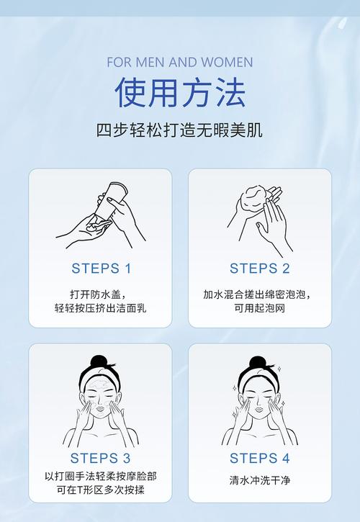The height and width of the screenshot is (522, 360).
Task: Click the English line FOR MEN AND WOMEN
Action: (180, 62)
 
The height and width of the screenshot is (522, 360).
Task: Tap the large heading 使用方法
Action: (180, 92)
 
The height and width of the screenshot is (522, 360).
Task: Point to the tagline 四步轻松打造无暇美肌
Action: (179, 130)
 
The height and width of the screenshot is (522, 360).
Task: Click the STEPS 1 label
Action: (102, 269)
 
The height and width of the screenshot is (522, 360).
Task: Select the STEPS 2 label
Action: (260, 269)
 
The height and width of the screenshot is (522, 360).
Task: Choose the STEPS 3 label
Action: (100, 458)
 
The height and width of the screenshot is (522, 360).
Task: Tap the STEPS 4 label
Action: (260, 458)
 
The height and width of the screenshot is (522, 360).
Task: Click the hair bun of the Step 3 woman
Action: (99, 361)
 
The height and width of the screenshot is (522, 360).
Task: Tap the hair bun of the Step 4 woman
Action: (258, 362)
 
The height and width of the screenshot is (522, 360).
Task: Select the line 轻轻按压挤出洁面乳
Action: (100, 308)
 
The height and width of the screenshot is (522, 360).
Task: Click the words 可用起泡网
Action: (259, 308)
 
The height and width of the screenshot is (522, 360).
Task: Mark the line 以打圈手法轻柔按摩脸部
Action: (100, 476)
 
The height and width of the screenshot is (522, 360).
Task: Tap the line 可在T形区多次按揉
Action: (100, 490)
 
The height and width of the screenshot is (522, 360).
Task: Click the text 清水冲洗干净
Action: (260, 480)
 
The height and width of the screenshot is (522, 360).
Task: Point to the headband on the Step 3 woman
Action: (99, 377)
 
